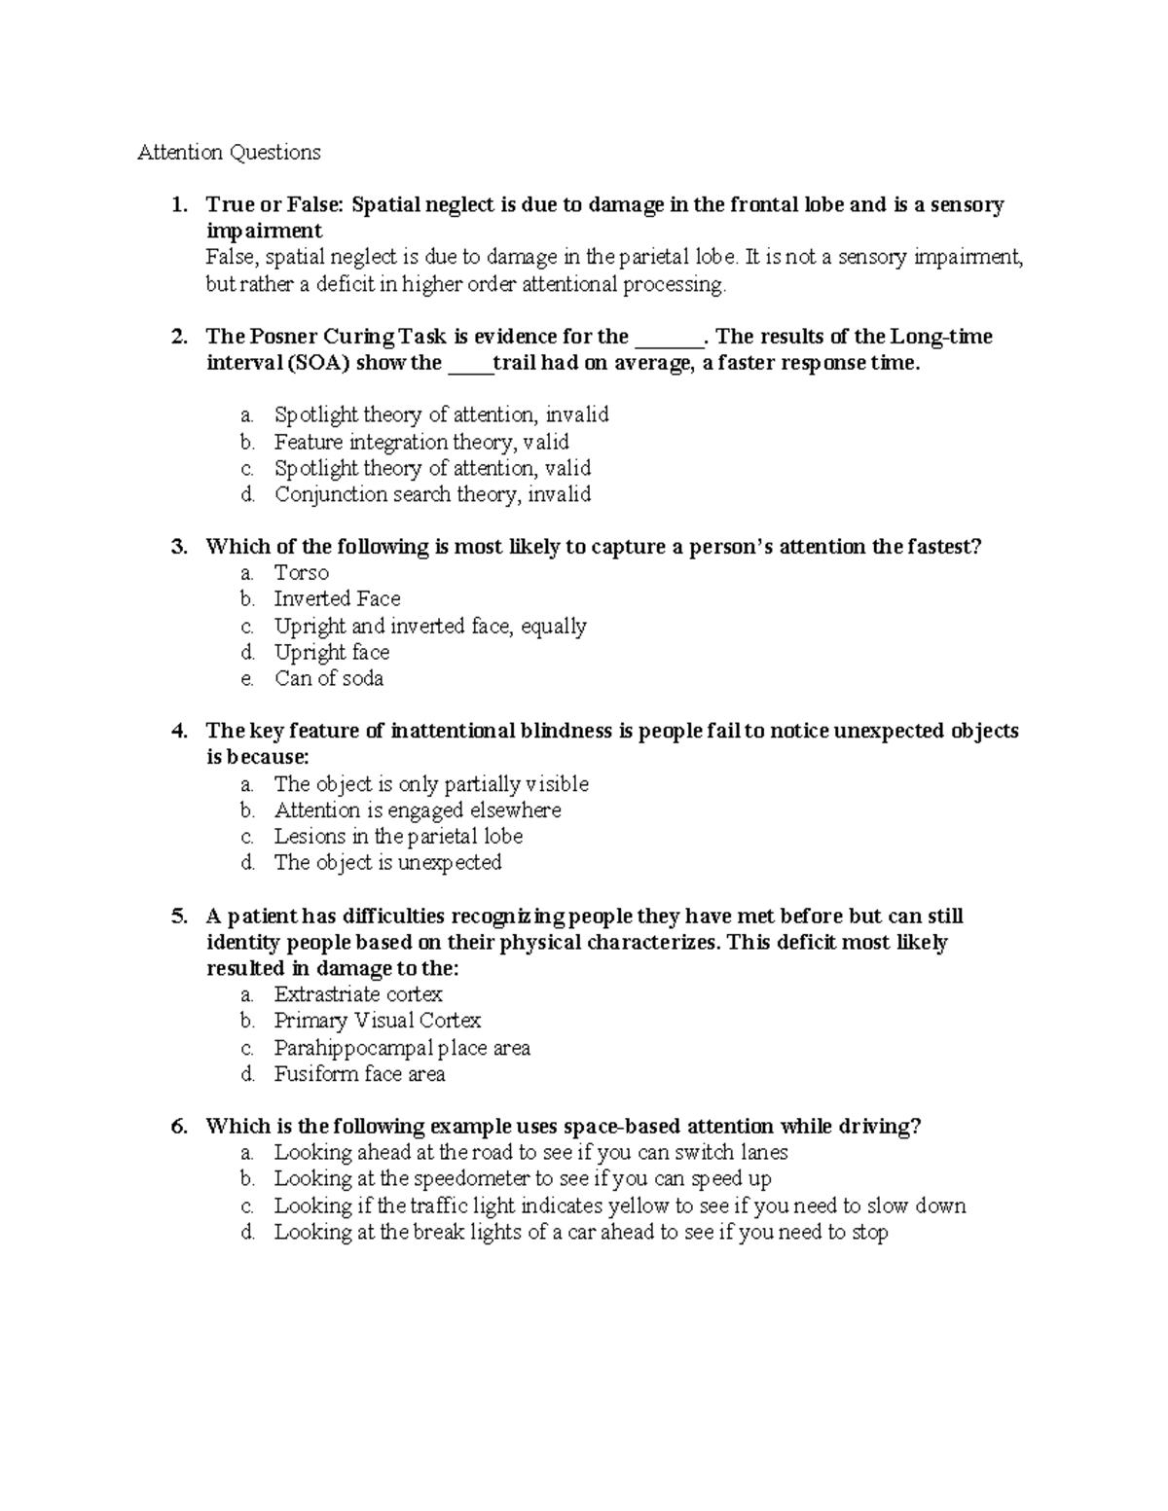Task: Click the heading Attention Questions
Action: [229, 152]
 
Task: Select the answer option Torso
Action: [301, 573]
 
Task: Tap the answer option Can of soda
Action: [328, 678]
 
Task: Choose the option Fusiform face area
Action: [359, 1074]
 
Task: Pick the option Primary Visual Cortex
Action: [377, 1021]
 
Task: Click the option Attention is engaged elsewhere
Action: [417, 809]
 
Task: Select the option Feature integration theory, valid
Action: [420, 442]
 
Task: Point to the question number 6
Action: [177, 1127]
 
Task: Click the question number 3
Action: [177, 547]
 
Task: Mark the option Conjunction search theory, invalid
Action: [432, 494]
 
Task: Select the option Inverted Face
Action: [337, 599]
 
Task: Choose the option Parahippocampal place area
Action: [401, 1048]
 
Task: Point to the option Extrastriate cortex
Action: [357, 994]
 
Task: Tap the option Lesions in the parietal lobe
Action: [398, 836]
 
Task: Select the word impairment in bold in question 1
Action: [264, 231]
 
